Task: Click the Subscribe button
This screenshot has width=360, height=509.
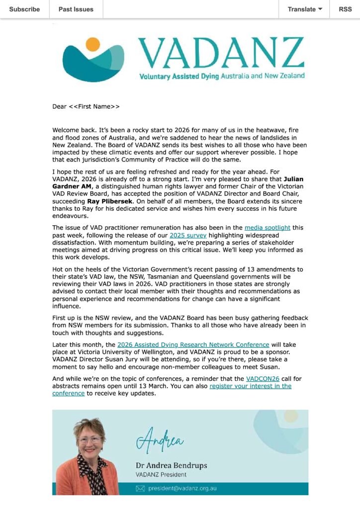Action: point(24,9)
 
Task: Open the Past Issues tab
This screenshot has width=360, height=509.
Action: point(76,9)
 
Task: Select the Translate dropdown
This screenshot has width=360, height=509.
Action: point(305,9)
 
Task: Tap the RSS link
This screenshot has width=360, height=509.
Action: point(345,9)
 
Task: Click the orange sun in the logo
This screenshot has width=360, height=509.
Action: point(92,44)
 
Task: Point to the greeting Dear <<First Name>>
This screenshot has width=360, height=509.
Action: point(86,106)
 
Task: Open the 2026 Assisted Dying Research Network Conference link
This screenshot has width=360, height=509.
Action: point(193,344)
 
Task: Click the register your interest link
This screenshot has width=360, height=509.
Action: point(250,386)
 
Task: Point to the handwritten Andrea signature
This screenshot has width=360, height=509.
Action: point(160,439)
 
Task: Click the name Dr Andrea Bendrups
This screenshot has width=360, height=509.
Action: point(171,466)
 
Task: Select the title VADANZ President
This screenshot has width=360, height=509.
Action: point(158,475)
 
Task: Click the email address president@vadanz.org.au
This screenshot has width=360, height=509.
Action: point(182,489)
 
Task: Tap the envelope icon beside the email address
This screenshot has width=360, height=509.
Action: point(140,489)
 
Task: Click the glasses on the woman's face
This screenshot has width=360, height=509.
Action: point(90,440)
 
